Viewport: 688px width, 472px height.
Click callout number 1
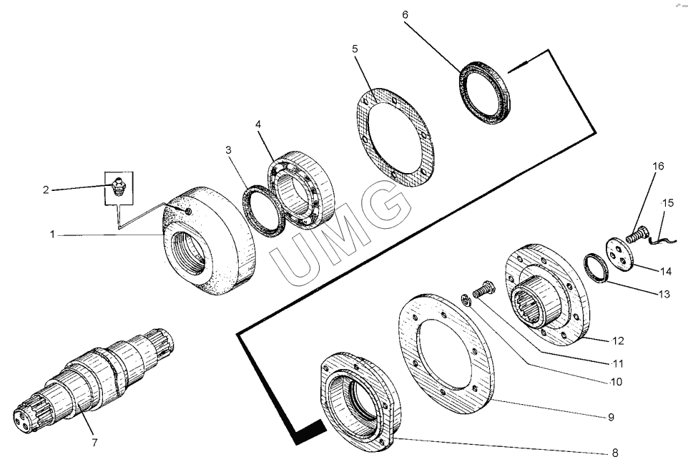52,234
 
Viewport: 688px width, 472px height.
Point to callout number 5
355,49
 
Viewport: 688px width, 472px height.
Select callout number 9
611,417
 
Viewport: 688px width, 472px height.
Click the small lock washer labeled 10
466,299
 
